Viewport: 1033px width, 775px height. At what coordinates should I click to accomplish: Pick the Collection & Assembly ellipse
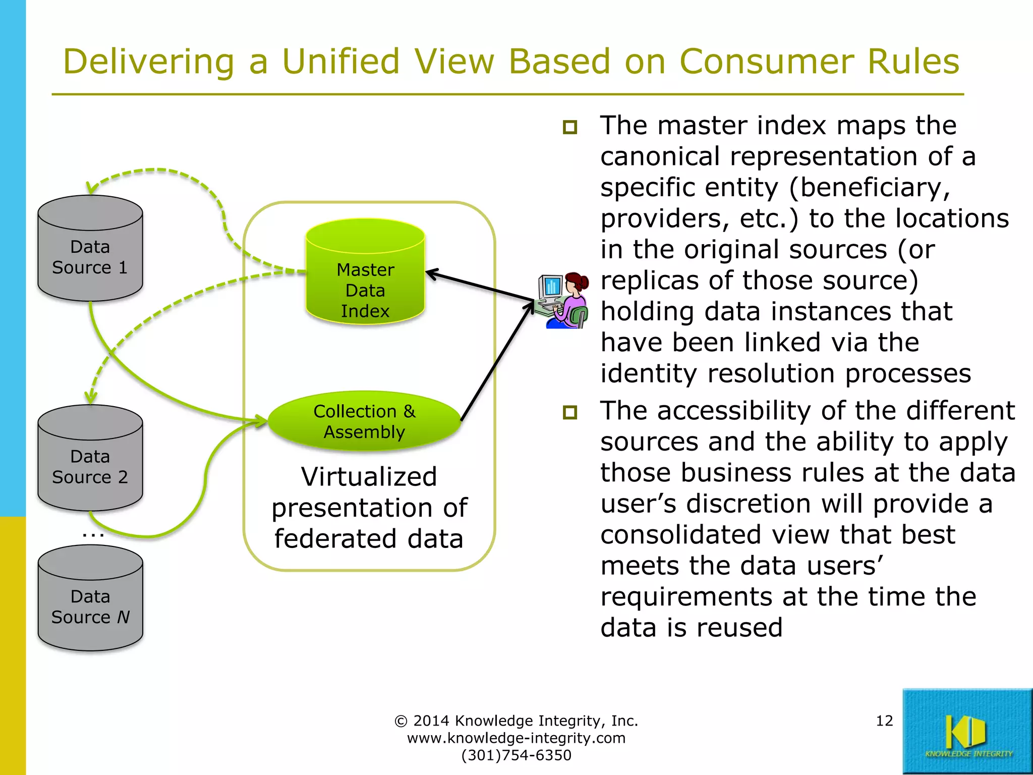pyautogui.click(x=364, y=421)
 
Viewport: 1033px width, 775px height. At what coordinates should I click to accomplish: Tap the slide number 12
pyautogui.click(x=884, y=721)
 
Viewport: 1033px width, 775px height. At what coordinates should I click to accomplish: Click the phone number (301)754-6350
pyautogui.click(x=516, y=755)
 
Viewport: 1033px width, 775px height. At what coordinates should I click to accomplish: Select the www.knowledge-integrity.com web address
pyautogui.click(x=516, y=738)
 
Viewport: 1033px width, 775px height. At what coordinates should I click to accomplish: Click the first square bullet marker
pyautogui.click(x=570, y=127)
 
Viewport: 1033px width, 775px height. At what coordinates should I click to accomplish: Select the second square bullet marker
pyautogui.click(x=570, y=412)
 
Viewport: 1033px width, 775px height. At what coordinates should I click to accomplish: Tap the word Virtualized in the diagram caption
pyautogui.click(x=369, y=477)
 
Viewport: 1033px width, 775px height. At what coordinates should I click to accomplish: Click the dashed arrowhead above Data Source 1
pyautogui.click(x=91, y=189)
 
